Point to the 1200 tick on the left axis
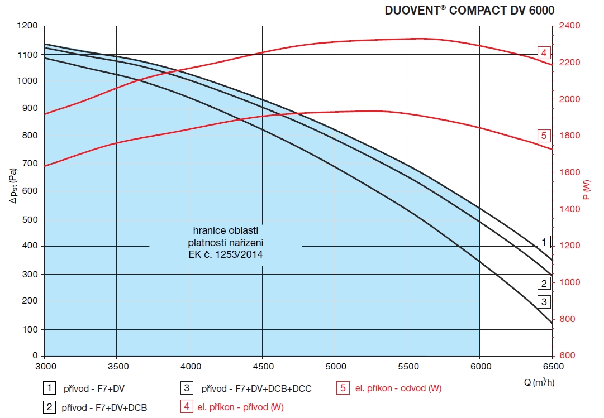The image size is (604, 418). (28, 26)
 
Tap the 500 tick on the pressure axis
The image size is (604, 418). (30, 219)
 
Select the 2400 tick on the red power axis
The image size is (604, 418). (566, 26)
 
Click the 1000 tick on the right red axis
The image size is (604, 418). (566, 282)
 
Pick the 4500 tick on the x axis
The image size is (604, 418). (262, 367)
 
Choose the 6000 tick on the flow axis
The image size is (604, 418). (481, 367)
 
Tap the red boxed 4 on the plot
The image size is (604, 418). (543, 54)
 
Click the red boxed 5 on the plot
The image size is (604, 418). (543, 135)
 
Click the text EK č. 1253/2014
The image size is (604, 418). (226, 255)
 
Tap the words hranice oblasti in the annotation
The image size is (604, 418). (226, 230)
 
